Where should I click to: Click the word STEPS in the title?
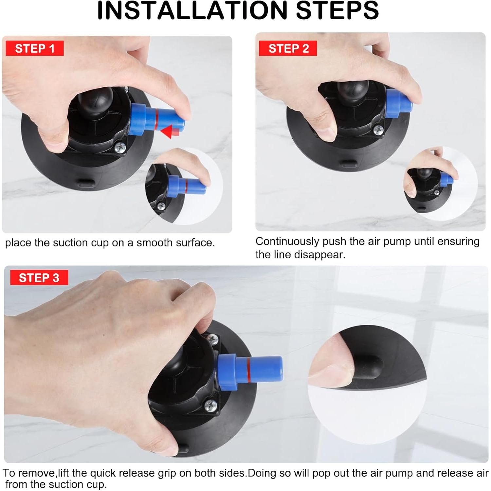[x=337, y=10]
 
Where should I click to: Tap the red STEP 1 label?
[x=34, y=48]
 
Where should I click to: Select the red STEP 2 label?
[x=288, y=48]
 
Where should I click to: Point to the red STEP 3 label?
[x=39, y=278]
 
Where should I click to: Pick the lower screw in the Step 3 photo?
[x=210, y=406]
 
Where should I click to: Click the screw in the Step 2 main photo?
[x=379, y=130]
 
